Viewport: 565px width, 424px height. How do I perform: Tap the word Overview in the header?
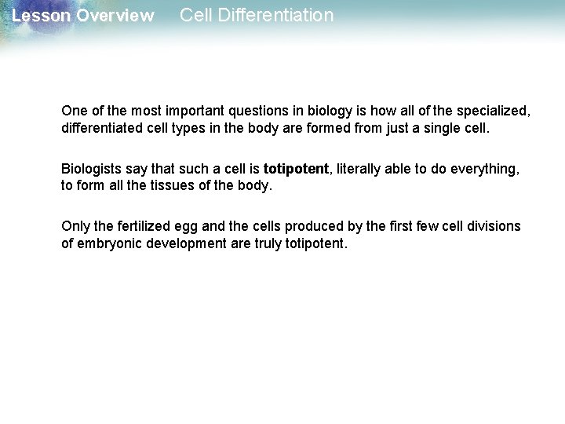coord(115,16)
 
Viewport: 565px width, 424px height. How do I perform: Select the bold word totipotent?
coord(297,169)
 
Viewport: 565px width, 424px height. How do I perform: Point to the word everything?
coord(487,169)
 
